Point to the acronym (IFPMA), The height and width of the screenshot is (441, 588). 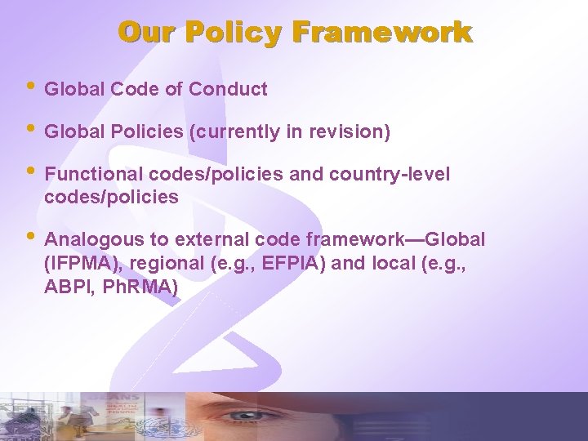click(80, 264)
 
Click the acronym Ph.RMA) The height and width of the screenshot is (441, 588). click(141, 287)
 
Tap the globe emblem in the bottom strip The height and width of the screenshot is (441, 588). click(152, 426)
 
